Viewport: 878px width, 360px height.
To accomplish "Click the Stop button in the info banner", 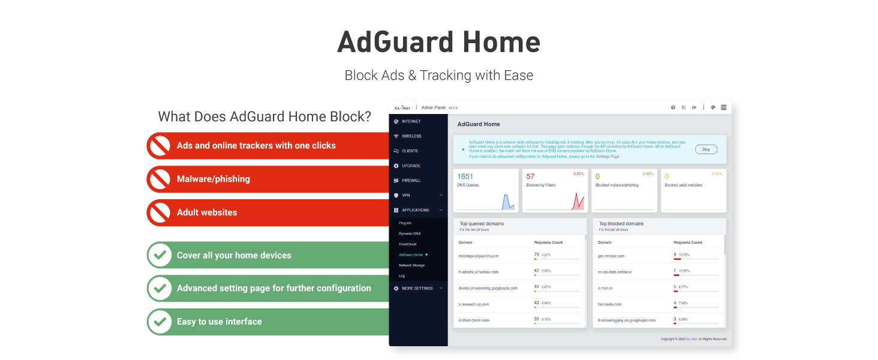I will (x=706, y=149).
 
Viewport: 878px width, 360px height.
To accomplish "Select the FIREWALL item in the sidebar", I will (x=411, y=181).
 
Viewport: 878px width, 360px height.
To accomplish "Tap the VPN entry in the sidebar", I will (x=406, y=195).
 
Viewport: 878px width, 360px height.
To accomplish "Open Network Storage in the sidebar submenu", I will (x=411, y=265).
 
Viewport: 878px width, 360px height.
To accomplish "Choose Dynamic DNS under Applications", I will (x=410, y=233).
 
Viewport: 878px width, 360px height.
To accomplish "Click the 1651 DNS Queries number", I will (x=465, y=176).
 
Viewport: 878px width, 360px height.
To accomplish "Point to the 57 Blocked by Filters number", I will (x=530, y=176).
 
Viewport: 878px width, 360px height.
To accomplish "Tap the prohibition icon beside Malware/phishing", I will (x=160, y=179).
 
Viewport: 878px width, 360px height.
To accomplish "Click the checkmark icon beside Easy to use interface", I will (x=160, y=322).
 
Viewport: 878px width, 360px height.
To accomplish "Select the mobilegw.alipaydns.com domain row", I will (x=479, y=256).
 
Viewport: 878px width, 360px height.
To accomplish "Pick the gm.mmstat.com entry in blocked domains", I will (x=611, y=256).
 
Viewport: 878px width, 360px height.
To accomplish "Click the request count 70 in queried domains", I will (x=537, y=254).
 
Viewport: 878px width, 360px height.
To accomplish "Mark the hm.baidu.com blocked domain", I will (x=609, y=304).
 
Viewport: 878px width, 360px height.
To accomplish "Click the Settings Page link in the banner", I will (x=608, y=157).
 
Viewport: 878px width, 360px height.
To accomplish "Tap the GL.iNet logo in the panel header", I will (x=402, y=107).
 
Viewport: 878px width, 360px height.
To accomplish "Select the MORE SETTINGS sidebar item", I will (x=417, y=289).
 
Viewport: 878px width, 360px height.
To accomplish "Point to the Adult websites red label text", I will (x=207, y=212).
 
